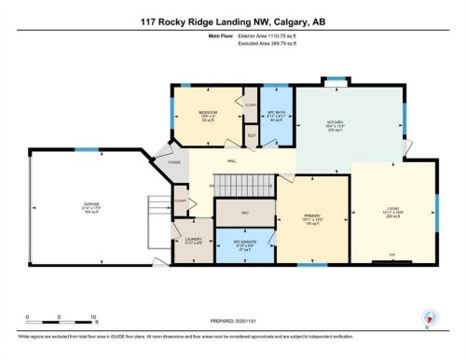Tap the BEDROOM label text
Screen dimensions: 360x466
coord(208,113)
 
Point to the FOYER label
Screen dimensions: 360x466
coord(173,162)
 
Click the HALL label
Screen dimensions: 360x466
coord(233,161)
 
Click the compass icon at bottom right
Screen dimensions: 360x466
coord(429,317)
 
